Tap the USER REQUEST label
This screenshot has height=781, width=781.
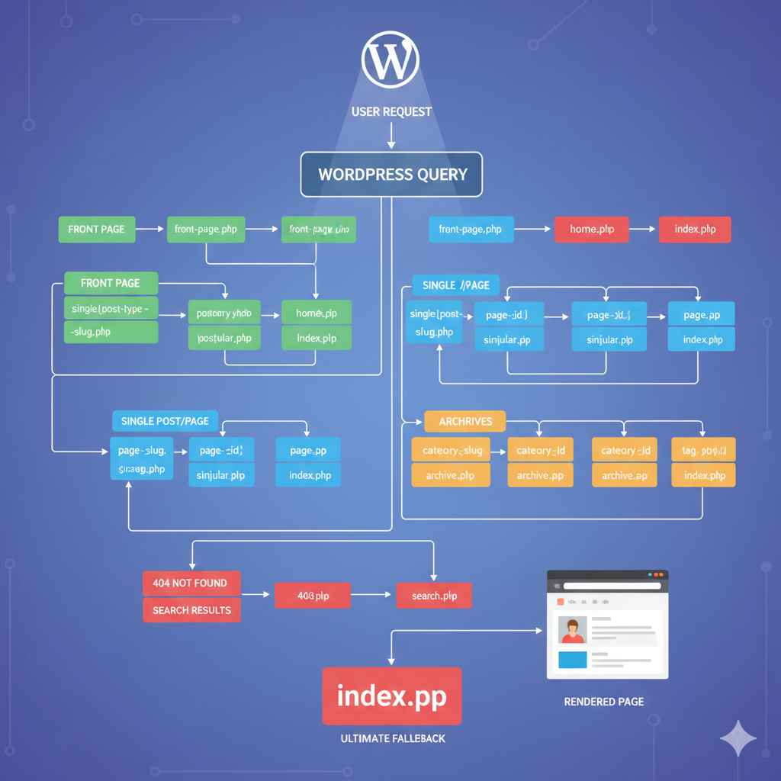tap(391, 112)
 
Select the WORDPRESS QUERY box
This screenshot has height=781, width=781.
tap(391, 174)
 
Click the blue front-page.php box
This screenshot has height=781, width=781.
tap(471, 230)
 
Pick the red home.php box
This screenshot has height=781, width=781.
tap(591, 230)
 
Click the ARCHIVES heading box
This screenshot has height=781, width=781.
tap(464, 422)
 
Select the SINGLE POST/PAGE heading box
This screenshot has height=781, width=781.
tap(165, 422)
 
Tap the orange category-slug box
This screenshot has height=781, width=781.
tap(452, 451)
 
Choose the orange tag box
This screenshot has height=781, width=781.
tap(703, 451)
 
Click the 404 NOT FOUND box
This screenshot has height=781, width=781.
tap(191, 583)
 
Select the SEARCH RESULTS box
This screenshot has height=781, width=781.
tap(191, 610)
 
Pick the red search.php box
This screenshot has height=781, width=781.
tap(434, 596)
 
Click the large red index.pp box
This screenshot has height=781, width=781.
tap(391, 696)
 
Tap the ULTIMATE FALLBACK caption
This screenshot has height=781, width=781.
tap(392, 739)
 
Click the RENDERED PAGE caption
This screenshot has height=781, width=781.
tap(603, 702)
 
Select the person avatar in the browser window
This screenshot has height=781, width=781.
tap(572, 630)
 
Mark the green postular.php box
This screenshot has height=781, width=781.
tap(224, 338)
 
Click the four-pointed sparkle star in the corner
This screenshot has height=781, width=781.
tap(738, 738)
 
